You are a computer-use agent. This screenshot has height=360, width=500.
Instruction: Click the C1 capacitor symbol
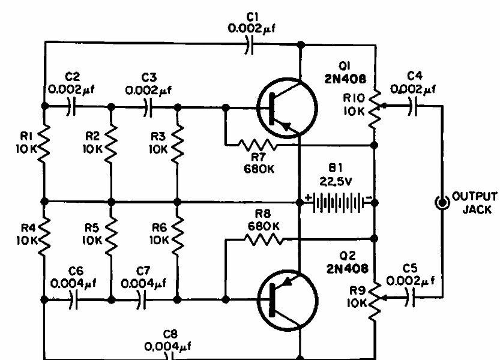249,44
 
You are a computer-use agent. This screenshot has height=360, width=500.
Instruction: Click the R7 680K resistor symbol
258,145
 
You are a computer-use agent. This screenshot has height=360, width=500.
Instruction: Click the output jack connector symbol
443,203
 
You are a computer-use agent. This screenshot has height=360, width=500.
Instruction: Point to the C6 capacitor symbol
74,298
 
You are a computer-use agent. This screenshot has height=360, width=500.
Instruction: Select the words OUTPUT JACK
474,202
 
